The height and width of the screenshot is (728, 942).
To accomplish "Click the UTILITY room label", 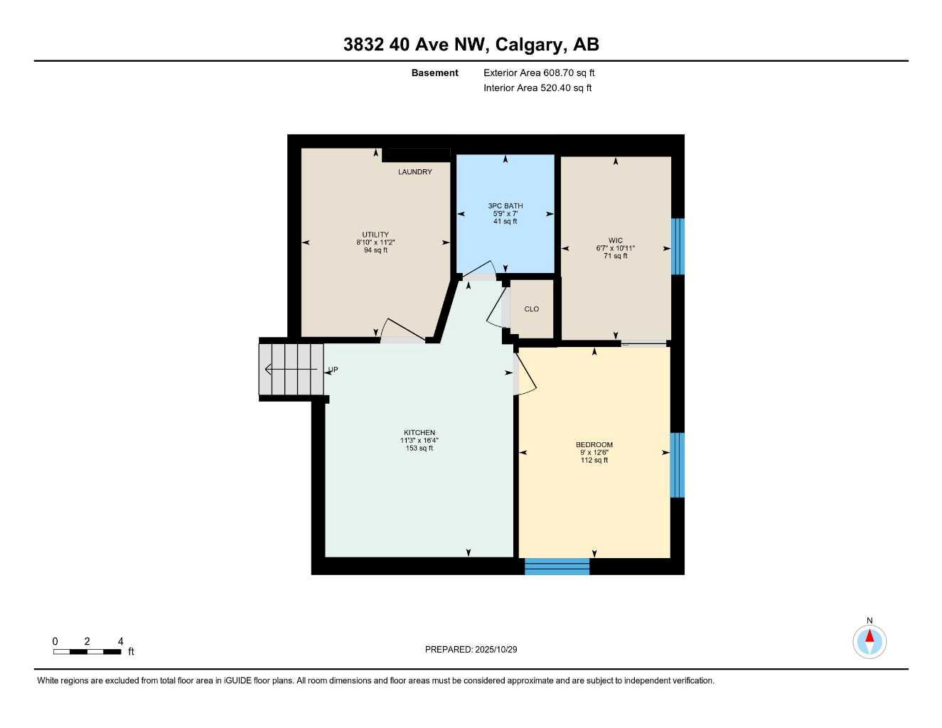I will (375, 235).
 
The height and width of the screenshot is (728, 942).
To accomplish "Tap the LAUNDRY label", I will (414, 172).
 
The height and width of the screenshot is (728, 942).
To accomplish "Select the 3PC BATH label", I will (505, 206).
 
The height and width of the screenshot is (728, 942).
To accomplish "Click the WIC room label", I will (615, 241).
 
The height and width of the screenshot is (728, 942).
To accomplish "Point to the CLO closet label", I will (531, 309).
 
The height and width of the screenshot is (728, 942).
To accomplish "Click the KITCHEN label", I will (419, 433).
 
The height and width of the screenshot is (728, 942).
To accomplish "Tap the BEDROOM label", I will (594, 445).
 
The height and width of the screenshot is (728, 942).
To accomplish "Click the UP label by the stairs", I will (333, 370).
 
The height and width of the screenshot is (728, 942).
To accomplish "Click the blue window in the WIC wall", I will (678, 246).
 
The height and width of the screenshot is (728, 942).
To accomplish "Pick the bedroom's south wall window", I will (557, 567).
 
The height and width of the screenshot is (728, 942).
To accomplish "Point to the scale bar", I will (87, 651).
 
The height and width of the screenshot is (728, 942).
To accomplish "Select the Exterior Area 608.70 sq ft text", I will (539, 73).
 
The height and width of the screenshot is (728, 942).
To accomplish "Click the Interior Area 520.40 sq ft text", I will (537, 88).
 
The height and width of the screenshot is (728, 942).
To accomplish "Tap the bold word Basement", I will (434, 73).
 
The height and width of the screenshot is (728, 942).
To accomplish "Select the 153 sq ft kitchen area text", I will (419, 449).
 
